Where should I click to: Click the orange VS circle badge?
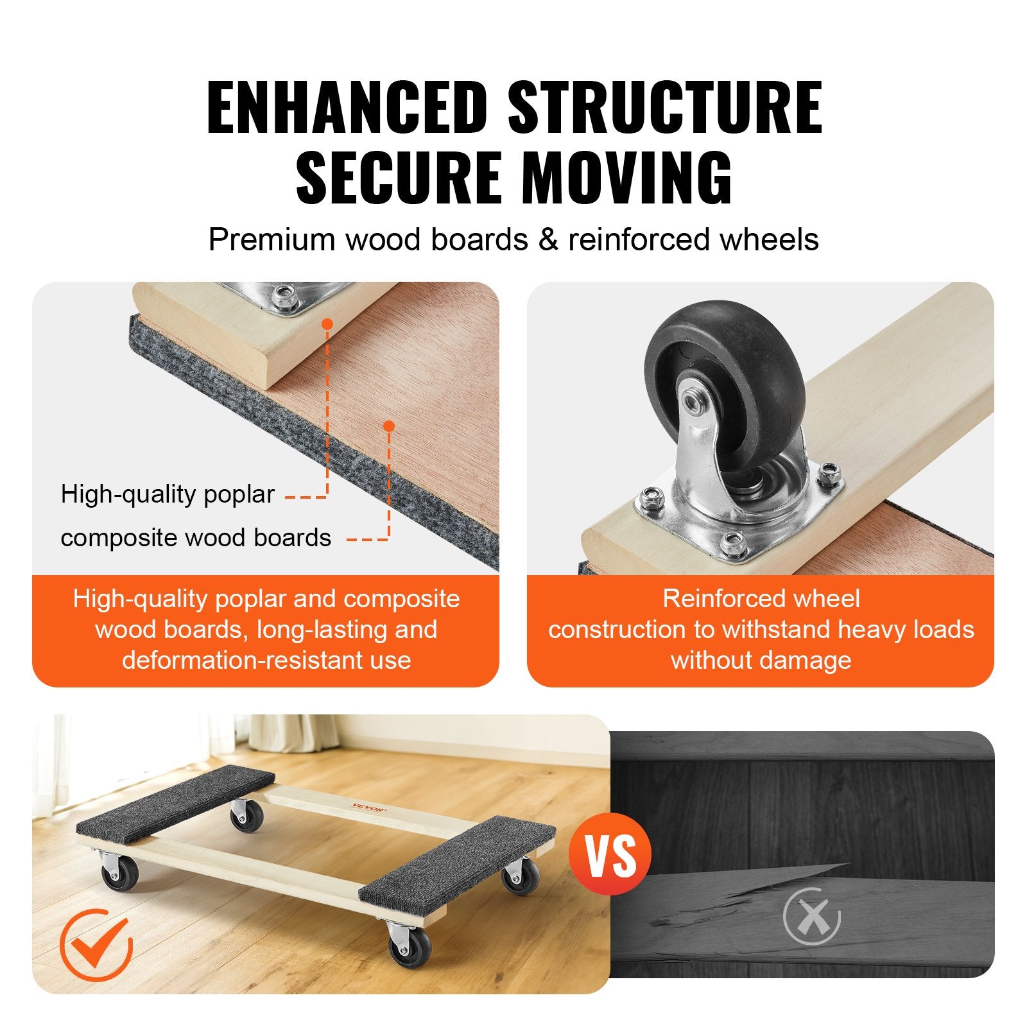click(x=610, y=854)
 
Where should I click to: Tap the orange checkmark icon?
click(x=96, y=944)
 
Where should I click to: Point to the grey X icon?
click(x=812, y=917)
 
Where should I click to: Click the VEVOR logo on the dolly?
click(x=368, y=808)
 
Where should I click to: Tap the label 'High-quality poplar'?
click(x=168, y=494)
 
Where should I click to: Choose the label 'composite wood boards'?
click(x=196, y=538)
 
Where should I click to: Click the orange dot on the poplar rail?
click(x=327, y=324)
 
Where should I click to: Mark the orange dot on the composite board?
click(x=388, y=426)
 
